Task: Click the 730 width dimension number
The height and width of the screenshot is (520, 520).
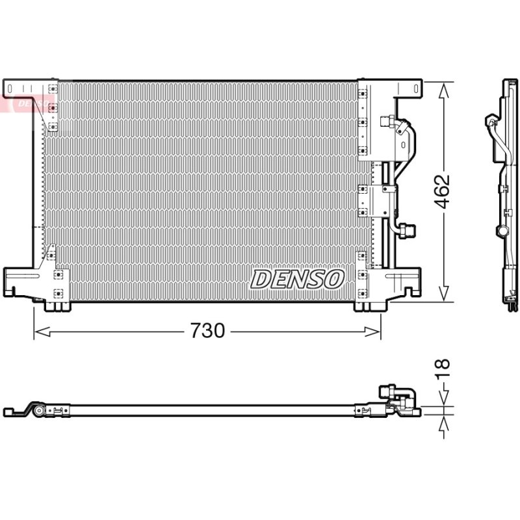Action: coord(207,331)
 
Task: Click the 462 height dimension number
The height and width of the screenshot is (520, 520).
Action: coord(443,191)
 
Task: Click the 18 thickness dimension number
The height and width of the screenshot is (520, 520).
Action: coord(443,369)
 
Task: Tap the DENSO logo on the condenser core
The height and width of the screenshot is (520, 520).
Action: coord(298,279)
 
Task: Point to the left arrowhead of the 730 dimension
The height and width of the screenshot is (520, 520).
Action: coord(42,331)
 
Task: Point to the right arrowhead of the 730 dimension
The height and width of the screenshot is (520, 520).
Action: coord(372,331)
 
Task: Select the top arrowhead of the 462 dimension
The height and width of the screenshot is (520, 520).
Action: coord(443,90)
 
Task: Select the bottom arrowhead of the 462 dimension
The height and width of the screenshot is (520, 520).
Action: coord(443,294)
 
